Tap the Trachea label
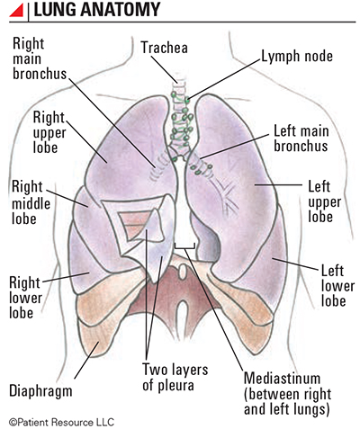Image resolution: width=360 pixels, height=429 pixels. point(165,48)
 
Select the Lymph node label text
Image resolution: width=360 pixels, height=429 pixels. point(297,57)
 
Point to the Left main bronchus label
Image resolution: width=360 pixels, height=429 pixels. point(301,139)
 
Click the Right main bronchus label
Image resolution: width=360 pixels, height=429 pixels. point(40,58)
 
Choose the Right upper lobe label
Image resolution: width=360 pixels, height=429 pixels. point(49,132)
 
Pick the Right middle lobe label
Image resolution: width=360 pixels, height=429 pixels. point(31,202)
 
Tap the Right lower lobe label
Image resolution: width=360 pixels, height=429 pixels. point(25,298)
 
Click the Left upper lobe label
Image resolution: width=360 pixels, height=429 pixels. point(325,201)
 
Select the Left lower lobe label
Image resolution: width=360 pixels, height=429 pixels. point(337,286)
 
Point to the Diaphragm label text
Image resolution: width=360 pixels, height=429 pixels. point(40,391)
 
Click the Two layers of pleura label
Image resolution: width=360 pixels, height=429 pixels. point(175,377)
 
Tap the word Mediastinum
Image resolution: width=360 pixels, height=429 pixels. point(282,379)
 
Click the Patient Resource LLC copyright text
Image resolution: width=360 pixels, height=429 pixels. point(61,423)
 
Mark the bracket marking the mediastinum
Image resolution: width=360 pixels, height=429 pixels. point(184,247)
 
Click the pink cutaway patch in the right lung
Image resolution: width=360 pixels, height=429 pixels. point(133,223)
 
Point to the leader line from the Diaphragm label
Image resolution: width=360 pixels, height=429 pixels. point(86,361)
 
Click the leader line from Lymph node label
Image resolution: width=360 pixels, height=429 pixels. point(224,79)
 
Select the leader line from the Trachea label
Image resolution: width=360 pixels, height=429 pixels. point(164,69)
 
